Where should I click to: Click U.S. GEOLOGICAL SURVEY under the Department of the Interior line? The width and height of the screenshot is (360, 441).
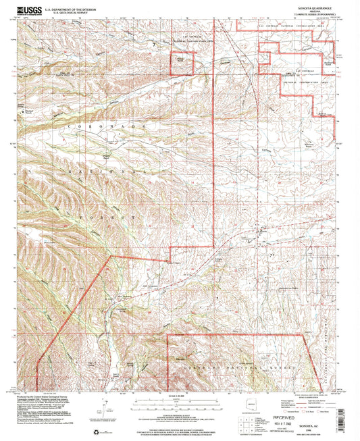[67, 10]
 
